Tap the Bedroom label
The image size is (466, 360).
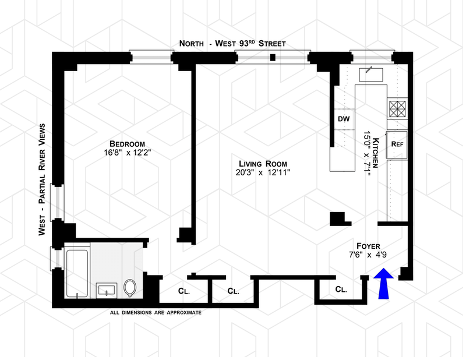click(126, 144)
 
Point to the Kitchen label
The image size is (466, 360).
click(376, 154)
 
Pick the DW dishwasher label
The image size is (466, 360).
click(343, 119)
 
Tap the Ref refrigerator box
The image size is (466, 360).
click(397, 143)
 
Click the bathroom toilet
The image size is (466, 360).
click(129, 287)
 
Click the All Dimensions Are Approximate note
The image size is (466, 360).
click(156, 313)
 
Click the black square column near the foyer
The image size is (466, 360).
click(337, 218)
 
